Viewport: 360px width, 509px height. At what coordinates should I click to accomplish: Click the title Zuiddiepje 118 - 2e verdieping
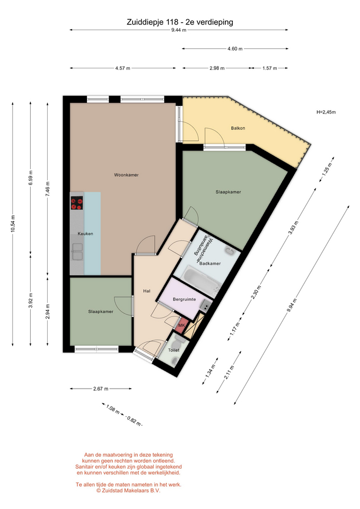coord(180,22)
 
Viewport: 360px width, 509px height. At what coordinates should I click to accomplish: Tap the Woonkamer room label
coord(126,175)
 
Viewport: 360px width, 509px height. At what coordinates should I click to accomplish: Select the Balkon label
coord(238,128)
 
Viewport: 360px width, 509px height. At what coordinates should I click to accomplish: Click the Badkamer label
coord(210,264)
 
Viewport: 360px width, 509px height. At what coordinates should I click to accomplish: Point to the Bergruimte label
coord(185,299)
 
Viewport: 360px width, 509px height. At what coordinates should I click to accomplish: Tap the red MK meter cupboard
coord(181,325)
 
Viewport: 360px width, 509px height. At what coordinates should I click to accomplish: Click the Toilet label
coord(174,350)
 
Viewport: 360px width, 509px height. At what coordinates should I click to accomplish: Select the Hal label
coord(147,291)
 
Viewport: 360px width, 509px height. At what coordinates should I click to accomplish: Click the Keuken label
coord(85,234)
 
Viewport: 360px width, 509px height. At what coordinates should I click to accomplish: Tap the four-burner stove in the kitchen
coord(77,203)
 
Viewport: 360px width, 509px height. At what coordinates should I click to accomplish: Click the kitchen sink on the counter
coord(77,251)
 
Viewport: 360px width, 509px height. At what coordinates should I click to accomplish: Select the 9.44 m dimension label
coord(179,30)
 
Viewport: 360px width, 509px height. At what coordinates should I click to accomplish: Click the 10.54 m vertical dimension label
coord(13,224)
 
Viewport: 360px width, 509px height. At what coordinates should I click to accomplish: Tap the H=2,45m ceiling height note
coord(326,112)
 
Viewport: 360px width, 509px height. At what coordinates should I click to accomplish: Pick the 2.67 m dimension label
coord(101,389)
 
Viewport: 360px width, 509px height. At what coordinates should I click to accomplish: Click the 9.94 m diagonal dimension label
coord(292,305)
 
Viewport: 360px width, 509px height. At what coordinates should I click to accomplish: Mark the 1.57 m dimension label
coord(270,68)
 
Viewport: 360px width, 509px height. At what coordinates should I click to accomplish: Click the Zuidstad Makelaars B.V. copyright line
coord(128,491)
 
